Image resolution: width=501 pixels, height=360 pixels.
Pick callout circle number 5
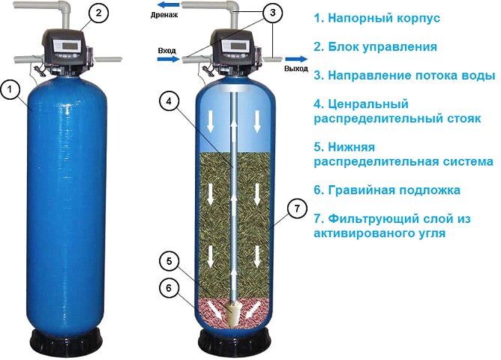[170, 262]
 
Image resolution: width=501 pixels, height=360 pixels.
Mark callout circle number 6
[170, 287]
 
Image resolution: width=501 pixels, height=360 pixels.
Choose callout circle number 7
[297, 208]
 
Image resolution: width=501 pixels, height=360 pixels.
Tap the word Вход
[166, 51]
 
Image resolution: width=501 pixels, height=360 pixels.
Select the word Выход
[295, 67]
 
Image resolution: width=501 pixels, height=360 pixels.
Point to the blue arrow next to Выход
[296, 57]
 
